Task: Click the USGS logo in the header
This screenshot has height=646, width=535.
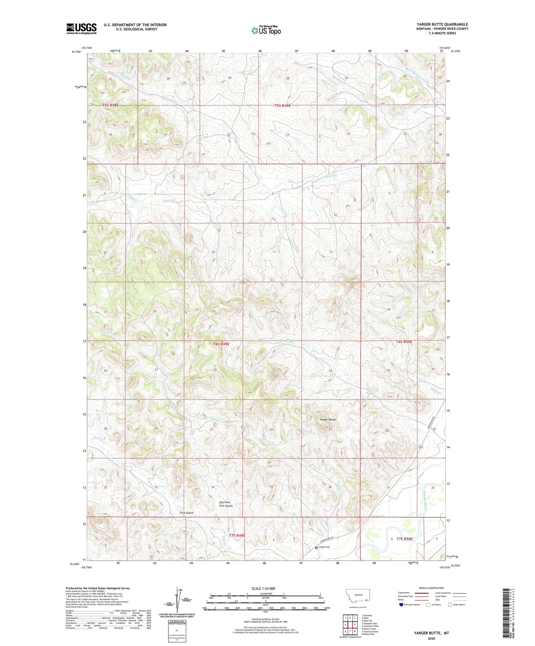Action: point(81,28)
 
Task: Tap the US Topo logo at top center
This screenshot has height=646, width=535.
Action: point(265,30)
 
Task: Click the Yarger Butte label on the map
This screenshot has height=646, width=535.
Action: point(328,420)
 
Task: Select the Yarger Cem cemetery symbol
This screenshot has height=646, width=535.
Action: point(316,547)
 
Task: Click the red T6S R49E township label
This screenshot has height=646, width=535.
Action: point(221,344)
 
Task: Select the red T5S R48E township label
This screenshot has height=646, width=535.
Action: point(110,105)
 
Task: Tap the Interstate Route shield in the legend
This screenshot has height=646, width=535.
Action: point(402,605)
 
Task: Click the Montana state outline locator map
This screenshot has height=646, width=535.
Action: point(357,597)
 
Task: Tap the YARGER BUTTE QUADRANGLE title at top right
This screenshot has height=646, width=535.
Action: point(442,24)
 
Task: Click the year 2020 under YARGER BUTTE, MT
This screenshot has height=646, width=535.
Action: point(431,638)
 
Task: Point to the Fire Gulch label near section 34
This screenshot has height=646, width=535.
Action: point(187,513)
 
